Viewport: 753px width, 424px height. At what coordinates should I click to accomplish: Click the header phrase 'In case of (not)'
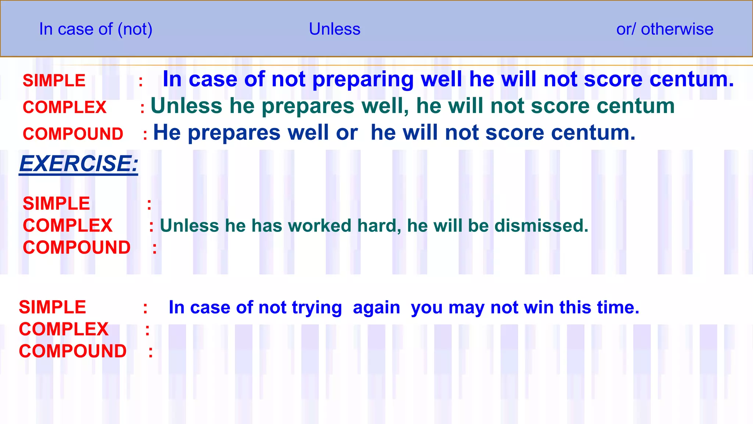[96, 29]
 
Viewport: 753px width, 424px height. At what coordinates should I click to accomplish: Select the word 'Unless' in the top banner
[335, 29]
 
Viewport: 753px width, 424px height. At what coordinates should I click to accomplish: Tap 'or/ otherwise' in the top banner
[665, 29]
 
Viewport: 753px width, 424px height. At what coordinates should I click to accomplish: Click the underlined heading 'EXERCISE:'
[79, 163]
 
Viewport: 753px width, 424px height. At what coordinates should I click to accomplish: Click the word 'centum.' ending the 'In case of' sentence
[692, 79]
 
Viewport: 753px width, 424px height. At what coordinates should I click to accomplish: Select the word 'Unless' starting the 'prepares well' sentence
[186, 106]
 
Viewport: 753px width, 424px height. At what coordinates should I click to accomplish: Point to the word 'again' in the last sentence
[376, 308]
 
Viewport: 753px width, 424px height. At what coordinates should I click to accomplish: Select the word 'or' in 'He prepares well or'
[347, 133]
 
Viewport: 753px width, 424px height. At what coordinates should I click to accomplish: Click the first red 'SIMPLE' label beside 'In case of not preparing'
[54, 81]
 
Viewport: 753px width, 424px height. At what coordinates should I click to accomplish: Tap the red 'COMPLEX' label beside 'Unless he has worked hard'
[68, 226]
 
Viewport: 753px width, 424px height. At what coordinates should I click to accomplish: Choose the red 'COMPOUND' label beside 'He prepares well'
[73, 134]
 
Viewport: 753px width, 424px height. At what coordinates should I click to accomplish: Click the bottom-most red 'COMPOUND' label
[73, 351]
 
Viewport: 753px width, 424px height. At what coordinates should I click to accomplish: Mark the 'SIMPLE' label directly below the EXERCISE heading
[56, 204]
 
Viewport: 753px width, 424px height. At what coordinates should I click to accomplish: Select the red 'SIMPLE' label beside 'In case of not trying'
[53, 307]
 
